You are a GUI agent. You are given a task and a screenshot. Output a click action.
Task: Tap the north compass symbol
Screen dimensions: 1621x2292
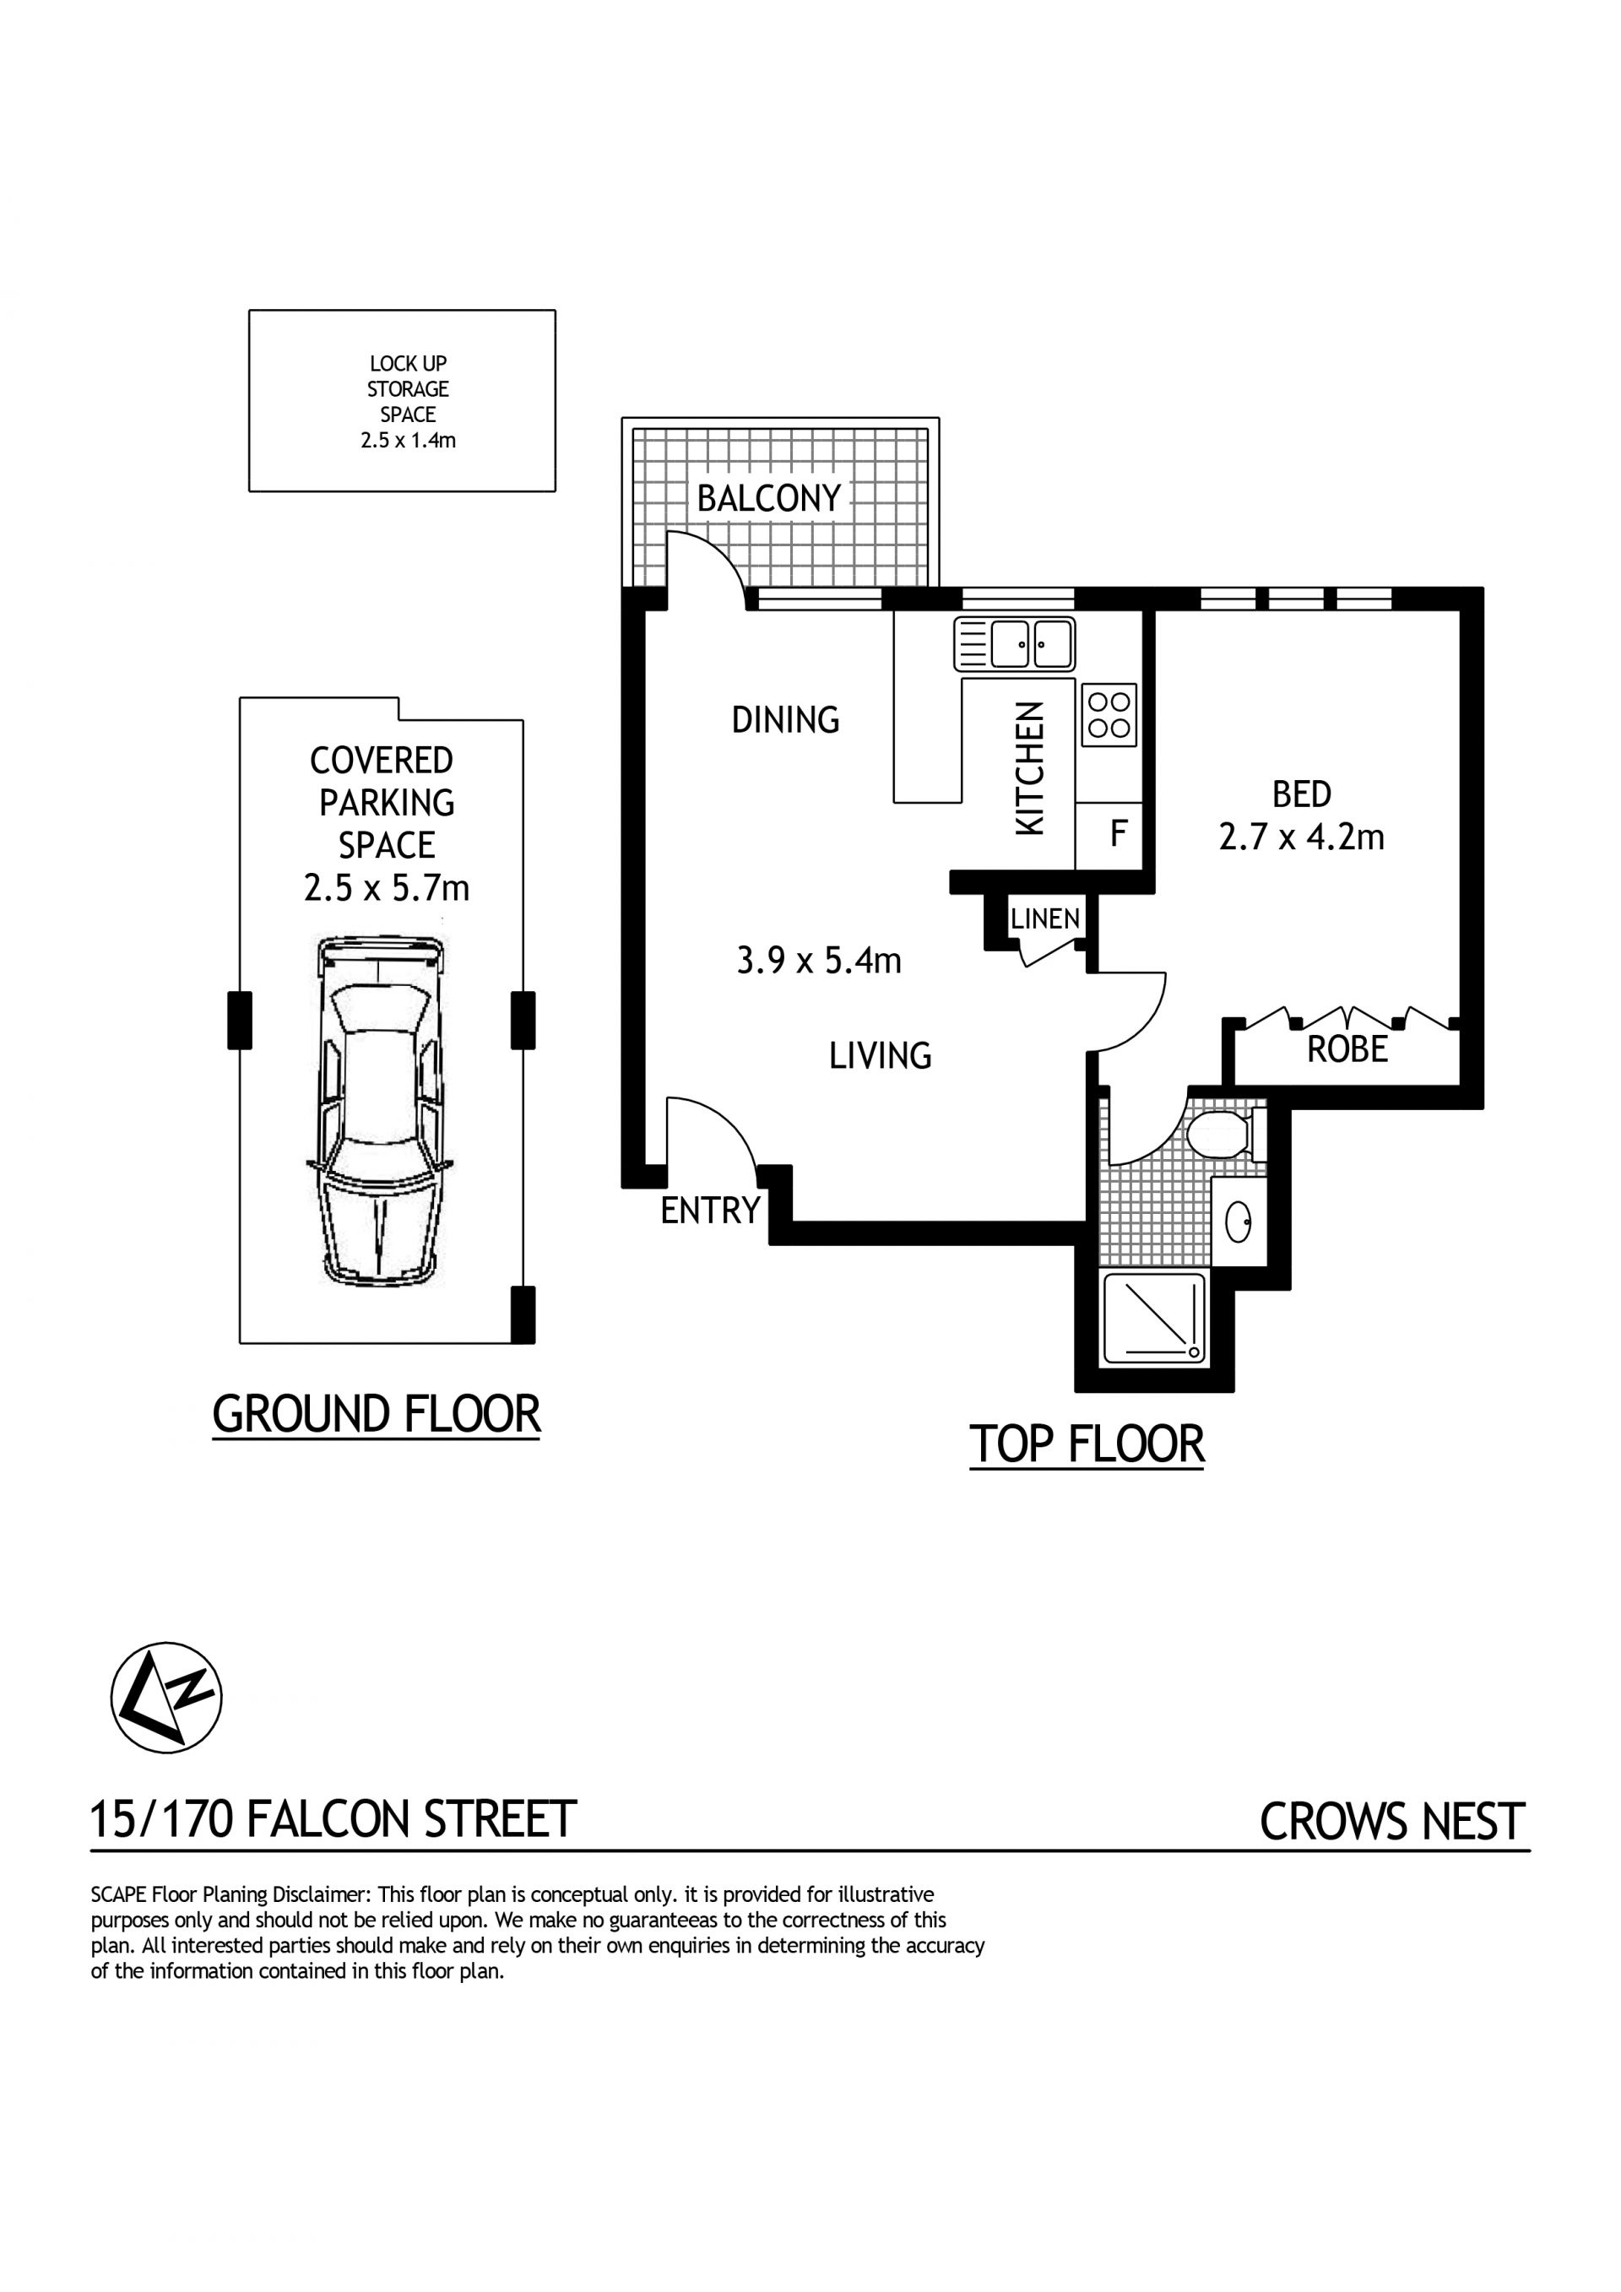coord(165,1697)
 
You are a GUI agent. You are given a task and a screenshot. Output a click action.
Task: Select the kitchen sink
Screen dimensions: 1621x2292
coord(1014,644)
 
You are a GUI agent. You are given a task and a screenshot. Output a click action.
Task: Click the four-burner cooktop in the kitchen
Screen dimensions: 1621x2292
coord(1109,715)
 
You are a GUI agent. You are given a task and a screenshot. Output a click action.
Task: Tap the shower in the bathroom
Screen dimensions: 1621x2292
coord(1153,1319)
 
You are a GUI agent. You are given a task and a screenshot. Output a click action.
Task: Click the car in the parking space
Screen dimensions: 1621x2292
coord(380,1111)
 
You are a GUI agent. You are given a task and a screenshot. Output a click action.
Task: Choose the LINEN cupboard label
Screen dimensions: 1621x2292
coord(1045,918)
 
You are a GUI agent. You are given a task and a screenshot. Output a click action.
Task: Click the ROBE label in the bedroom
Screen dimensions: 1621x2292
coord(1347,1049)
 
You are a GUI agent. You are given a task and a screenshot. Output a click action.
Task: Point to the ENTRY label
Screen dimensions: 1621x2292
coord(711,1211)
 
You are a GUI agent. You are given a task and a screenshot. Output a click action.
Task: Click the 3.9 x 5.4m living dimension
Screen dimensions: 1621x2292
coord(818,961)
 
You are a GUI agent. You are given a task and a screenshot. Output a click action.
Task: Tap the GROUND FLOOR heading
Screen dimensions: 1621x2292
coord(377,1415)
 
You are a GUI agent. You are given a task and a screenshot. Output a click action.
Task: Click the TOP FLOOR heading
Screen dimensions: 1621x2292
coord(1087,1444)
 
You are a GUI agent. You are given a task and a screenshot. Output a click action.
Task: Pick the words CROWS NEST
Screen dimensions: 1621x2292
coord(1392,1822)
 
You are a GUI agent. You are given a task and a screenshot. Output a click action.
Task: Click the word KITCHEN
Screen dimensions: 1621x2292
coord(1029,769)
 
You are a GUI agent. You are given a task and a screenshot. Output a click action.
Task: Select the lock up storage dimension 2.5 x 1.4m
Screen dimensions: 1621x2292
coord(409,440)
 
